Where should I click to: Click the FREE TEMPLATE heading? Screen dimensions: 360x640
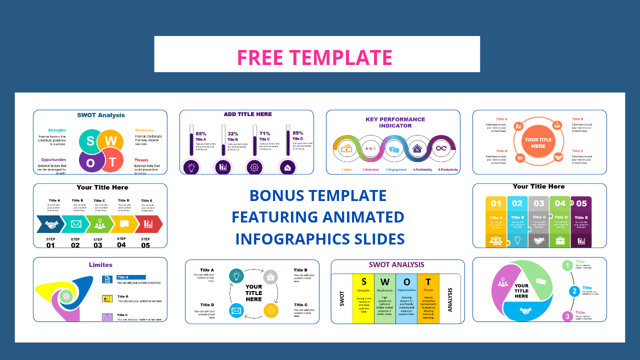(314, 57)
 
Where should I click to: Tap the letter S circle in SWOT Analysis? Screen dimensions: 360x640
(90, 140)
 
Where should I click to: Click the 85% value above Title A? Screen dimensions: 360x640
(201, 133)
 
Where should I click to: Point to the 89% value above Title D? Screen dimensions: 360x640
(298, 132)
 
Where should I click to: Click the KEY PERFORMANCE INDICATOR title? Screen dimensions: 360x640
(395, 122)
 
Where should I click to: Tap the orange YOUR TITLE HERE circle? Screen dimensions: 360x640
(538, 143)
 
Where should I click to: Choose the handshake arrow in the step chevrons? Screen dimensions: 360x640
(50, 224)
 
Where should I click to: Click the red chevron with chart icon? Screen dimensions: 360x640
(149, 224)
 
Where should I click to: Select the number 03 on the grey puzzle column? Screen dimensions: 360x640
(538, 203)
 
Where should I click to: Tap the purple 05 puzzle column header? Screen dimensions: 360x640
(581, 203)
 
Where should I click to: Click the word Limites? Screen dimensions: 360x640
(100, 264)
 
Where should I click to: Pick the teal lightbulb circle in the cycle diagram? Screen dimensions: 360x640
(236, 275)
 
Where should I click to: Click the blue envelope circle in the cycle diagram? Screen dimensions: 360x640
(236, 311)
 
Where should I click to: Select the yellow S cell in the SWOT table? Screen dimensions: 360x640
(363, 281)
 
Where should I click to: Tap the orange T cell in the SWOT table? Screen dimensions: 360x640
(428, 281)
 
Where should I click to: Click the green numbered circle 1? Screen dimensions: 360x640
(567, 265)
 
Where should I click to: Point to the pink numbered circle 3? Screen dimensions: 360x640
(567, 316)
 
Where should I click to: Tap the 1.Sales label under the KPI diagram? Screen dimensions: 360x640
(346, 170)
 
